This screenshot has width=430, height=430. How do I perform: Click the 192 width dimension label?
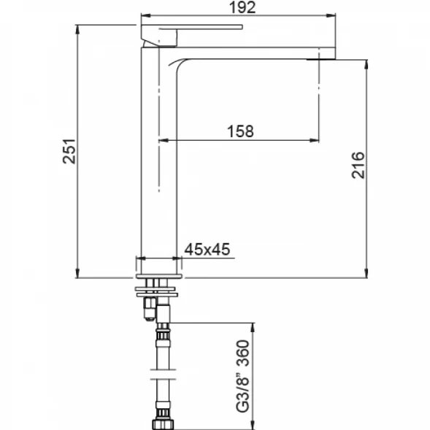tap(242, 7)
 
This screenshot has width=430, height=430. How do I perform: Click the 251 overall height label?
tap(69, 151)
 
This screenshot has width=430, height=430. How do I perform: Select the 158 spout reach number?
tap(240, 131)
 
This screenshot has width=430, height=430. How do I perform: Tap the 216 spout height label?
tap(358, 165)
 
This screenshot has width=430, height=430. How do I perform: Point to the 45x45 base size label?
tap(207, 250)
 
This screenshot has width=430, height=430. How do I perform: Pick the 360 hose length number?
tap(242, 353)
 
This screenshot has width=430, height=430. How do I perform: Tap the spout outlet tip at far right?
tap(321, 59)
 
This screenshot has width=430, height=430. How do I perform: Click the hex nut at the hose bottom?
tap(164, 424)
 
